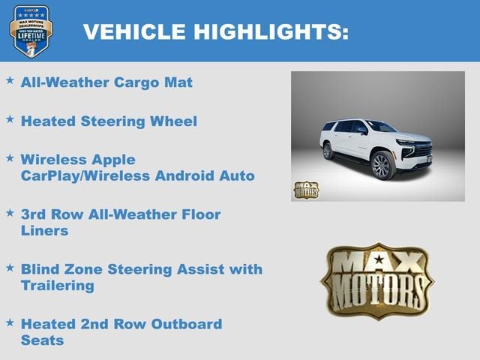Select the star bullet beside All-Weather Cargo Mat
[x=10, y=79]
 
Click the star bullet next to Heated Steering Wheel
[x=10, y=118]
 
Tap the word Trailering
[x=58, y=285]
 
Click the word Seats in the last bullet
[x=43, y=340]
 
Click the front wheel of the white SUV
[x=383, y=165]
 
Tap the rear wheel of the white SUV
[x=328, y=151]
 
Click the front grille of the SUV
[x=423, y=149]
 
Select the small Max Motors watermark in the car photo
[x=306, y=190]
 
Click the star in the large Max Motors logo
[x=379, y=261]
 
